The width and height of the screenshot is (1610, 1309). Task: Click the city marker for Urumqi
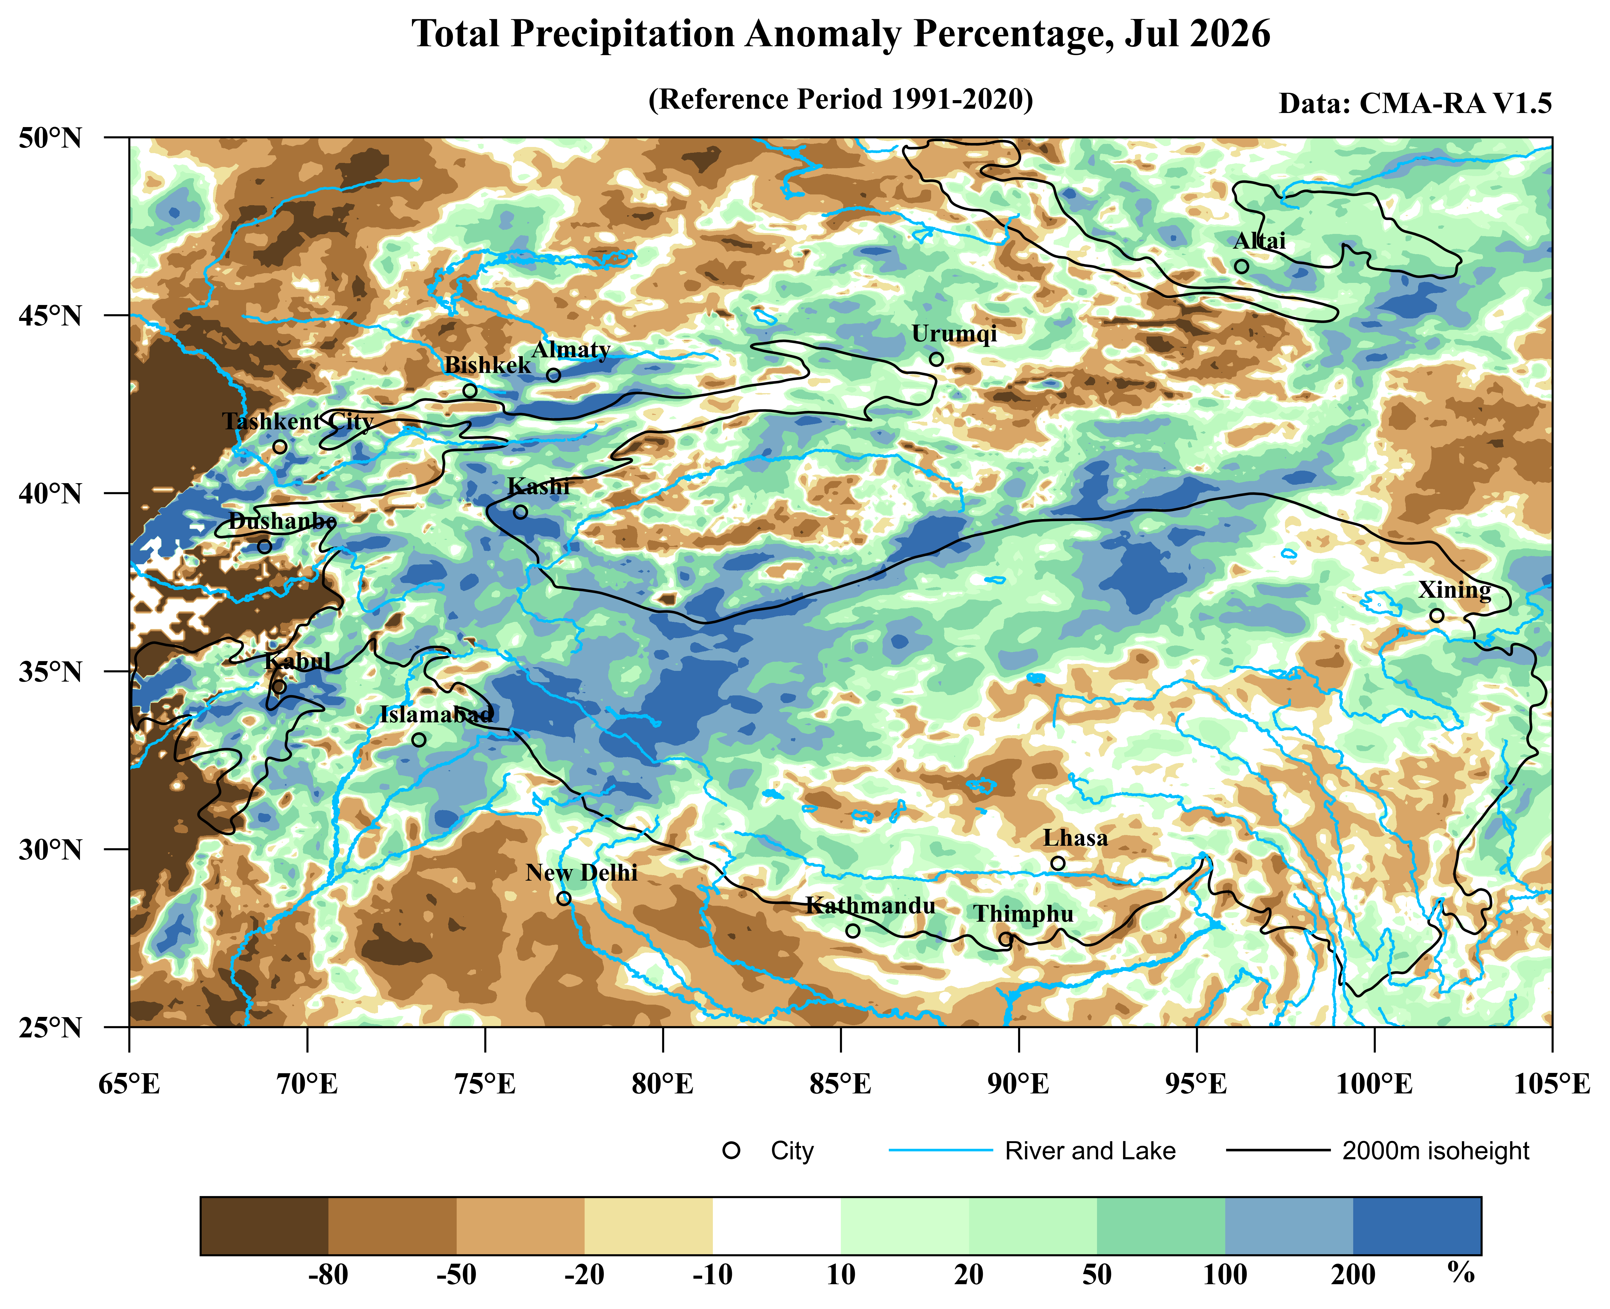936,359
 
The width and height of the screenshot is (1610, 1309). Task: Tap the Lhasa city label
1075,838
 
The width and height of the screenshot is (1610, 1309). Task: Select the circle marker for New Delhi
564,898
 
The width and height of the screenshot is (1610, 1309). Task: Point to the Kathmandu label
871,906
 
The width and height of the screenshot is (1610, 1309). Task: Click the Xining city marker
1437,615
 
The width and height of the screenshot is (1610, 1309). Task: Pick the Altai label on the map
1260,241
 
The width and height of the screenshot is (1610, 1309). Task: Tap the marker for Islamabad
419,740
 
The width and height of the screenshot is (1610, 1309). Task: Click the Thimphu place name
1024,914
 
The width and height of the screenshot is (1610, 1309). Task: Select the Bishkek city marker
470,391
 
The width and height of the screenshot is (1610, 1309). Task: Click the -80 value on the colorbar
329,1274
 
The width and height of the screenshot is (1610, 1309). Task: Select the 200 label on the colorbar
1353,1274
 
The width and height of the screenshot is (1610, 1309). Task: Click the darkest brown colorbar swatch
264,1226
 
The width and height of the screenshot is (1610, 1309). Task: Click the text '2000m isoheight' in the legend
1436,1151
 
